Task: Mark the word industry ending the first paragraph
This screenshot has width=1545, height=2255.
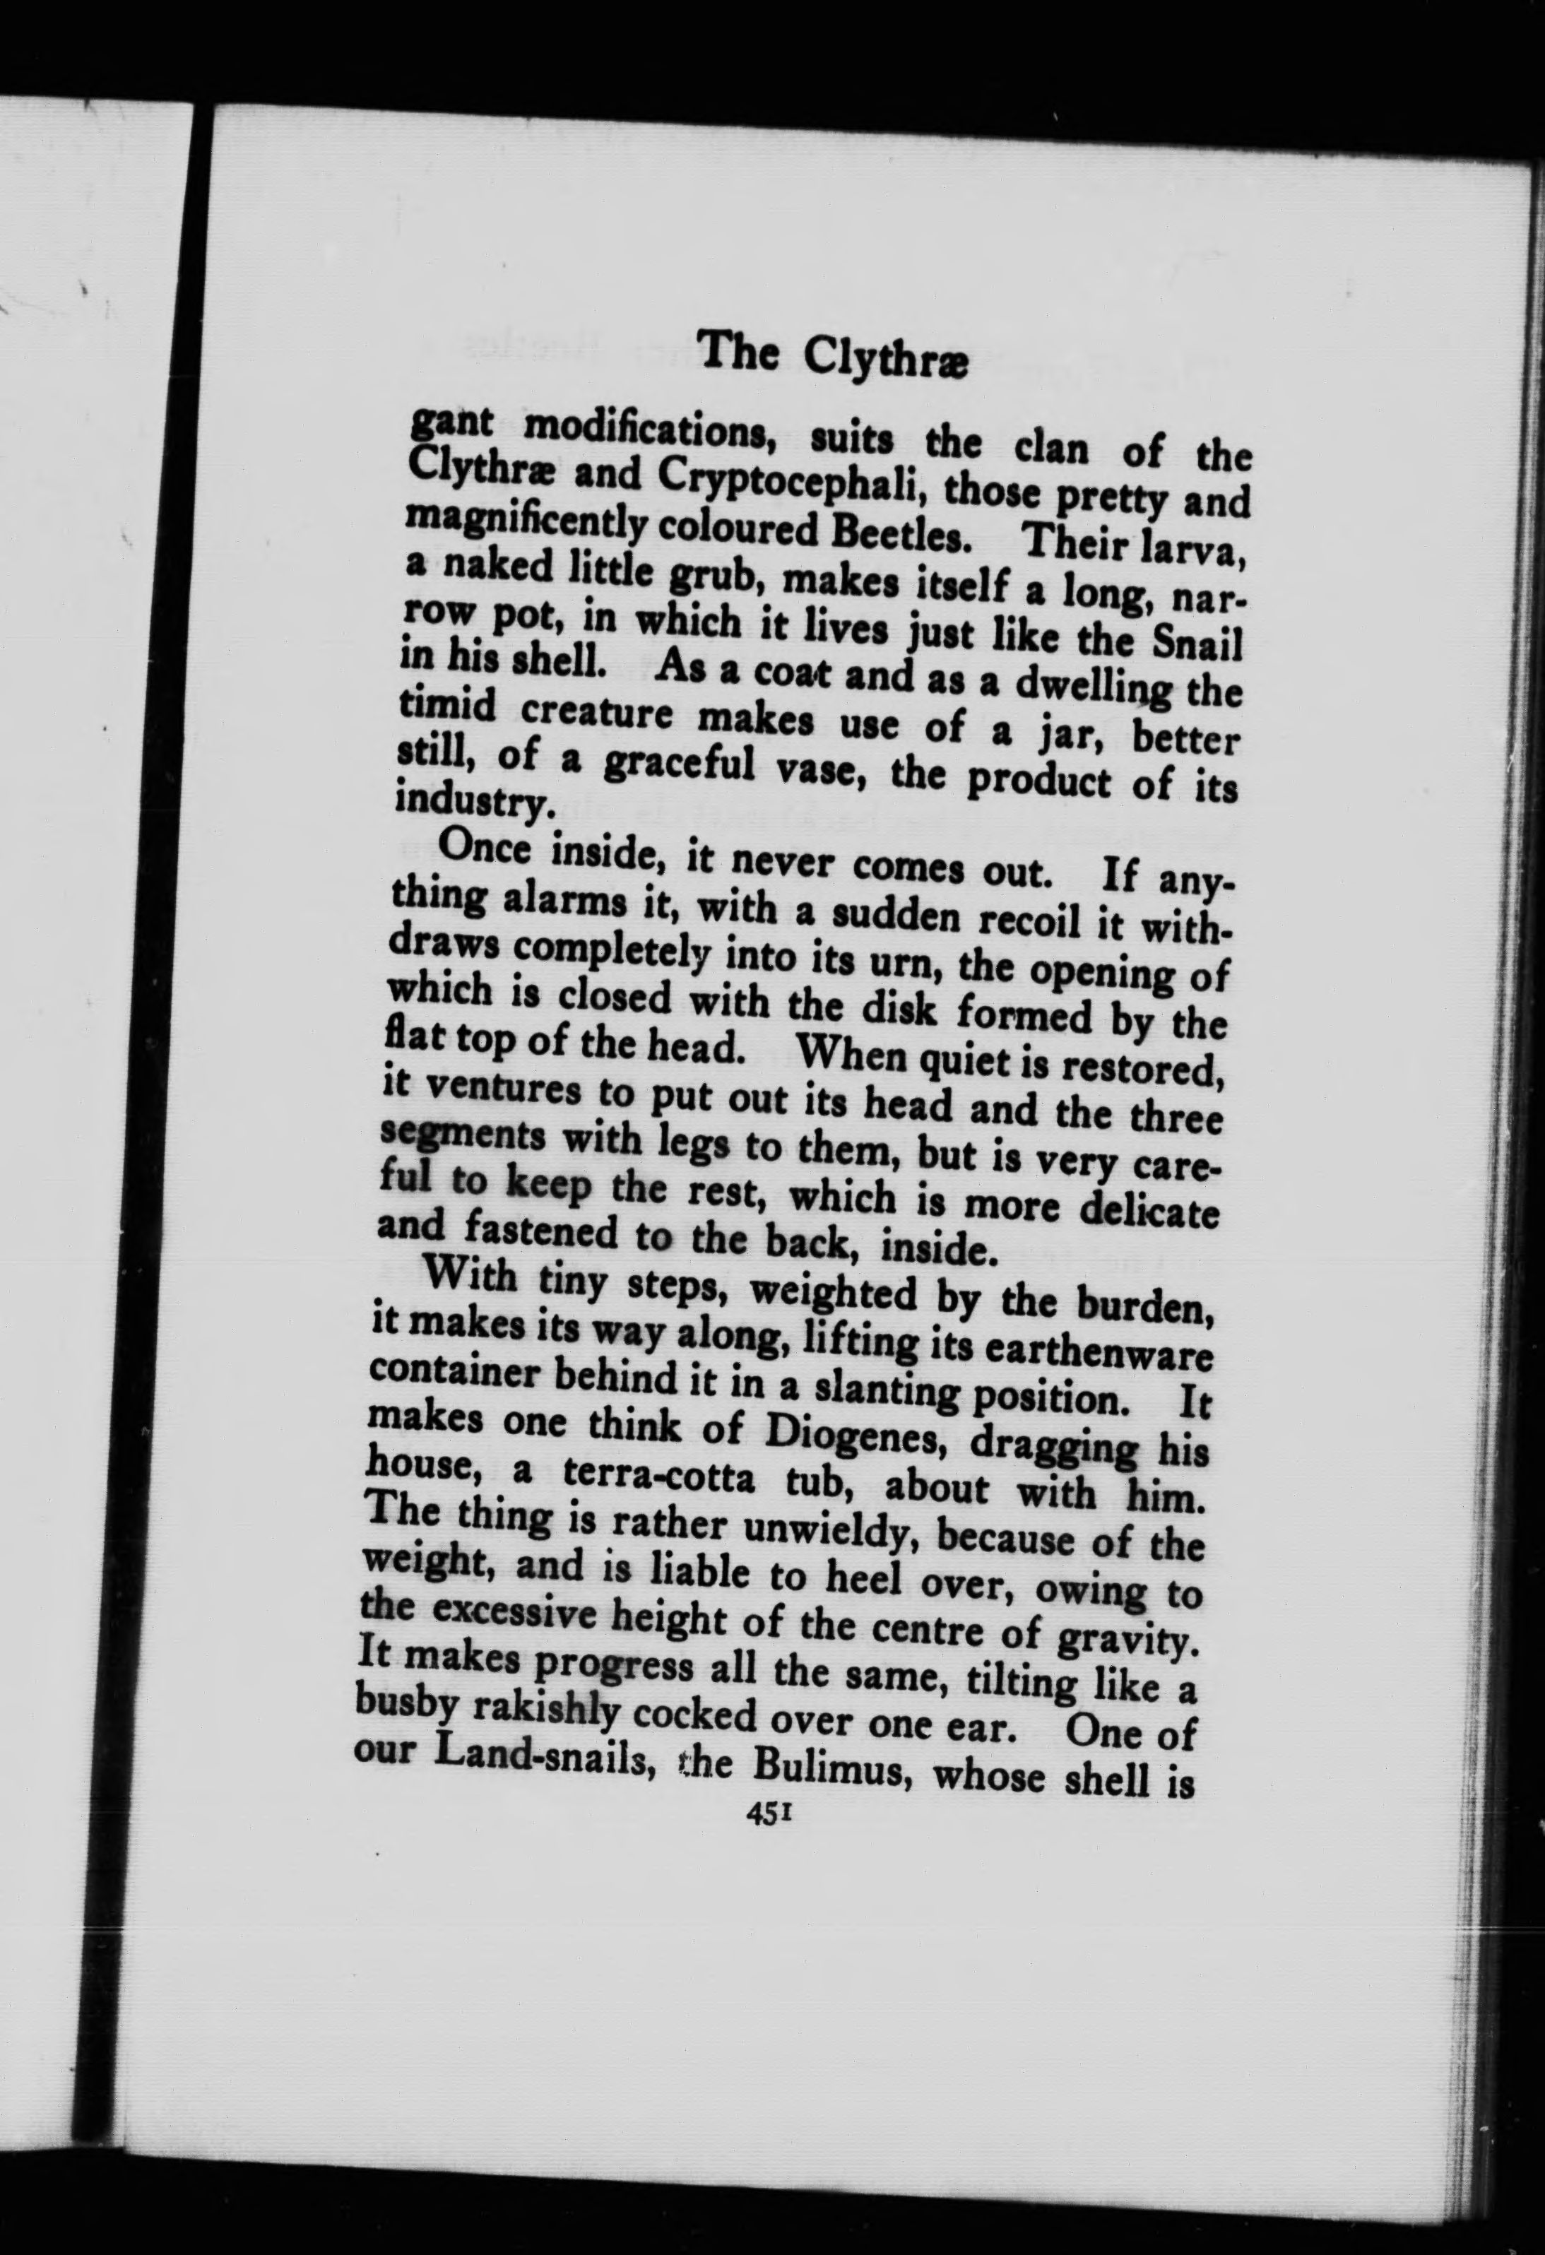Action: (x=472, y=803)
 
